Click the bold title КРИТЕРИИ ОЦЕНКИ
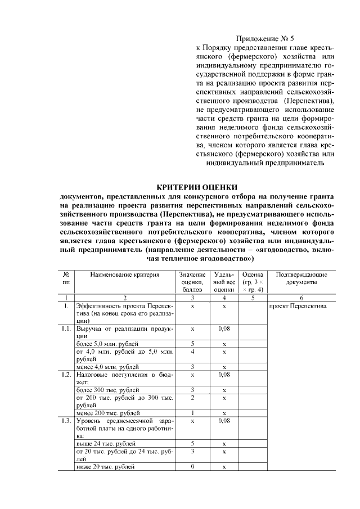(197, 187)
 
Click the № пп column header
(66, 278)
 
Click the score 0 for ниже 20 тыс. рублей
(192, 467)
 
